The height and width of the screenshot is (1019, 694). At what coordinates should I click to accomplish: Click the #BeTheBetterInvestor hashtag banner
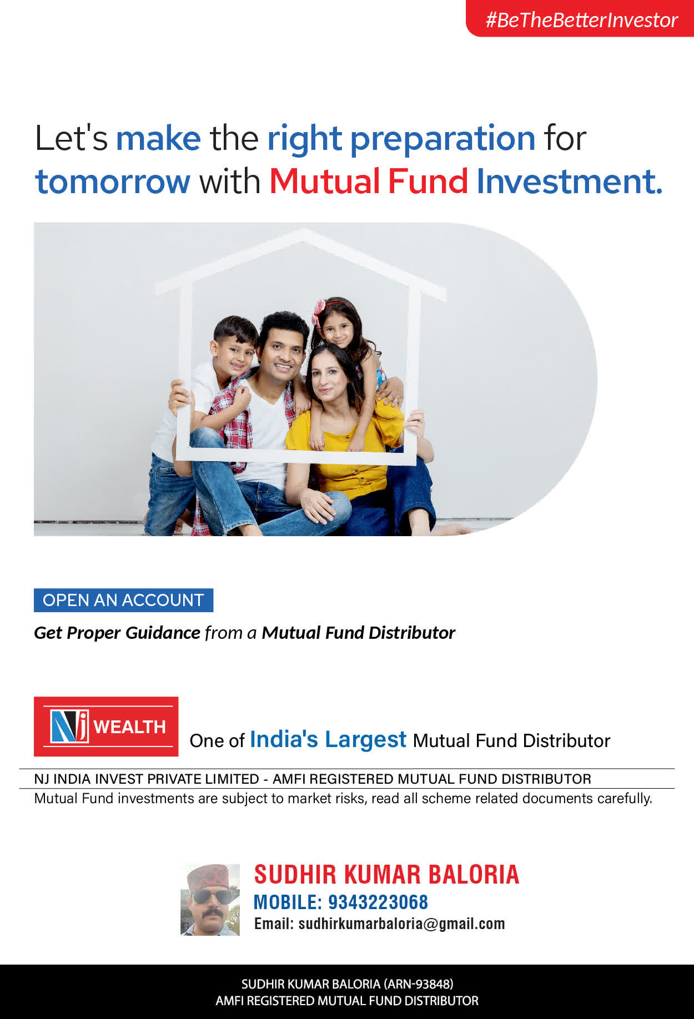[x=580, y=18]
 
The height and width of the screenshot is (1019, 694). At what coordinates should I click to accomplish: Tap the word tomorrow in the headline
[x=113, y=181]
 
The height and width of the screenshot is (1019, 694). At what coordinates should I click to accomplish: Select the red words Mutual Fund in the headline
[x=369, y=181]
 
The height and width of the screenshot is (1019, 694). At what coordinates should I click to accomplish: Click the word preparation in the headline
[x=442, y=139]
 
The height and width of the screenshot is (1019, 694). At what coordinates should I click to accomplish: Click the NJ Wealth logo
[x=106, y=727]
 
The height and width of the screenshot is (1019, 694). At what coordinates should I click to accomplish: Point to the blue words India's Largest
[x=328, y=740]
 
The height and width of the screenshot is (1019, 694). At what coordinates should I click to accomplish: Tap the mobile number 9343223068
[x=378, y=902]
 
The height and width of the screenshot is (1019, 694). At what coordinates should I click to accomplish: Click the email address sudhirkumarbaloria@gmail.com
[x=401, y=924]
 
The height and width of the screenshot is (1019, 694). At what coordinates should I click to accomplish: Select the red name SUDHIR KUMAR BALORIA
[x=386, y=875]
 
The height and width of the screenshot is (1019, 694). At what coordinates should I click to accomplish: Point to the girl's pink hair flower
[x=319, y=311]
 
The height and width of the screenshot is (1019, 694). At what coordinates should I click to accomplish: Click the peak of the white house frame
[x=303, y=233]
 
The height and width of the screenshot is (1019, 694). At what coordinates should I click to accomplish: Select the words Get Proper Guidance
[x=117, y=633]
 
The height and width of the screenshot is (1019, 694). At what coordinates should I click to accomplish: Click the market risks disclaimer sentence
[x=343, y=799]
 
